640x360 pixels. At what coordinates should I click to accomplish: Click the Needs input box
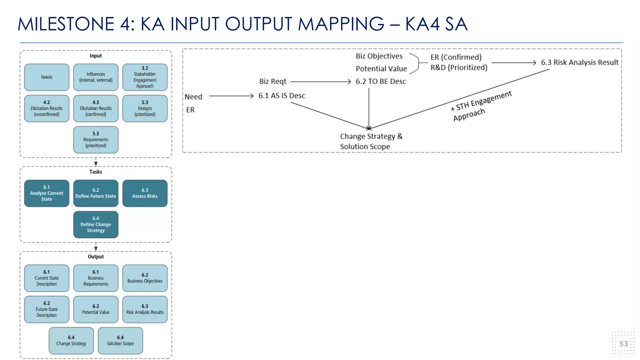click(x=47, y=77)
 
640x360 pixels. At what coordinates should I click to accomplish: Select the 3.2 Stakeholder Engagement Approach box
click(x=145, y=77)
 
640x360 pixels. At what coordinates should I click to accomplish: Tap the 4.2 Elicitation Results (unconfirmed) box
click(x=47, y=108)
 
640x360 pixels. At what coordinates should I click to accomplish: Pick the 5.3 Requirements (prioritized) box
click(x=96, y=140)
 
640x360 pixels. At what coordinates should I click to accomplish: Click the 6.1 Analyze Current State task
click(x=47, y=193)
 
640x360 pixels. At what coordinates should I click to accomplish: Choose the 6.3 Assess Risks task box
click(x=145, y=193)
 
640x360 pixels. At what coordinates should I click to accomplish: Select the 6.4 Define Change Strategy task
click(x=96, y=224)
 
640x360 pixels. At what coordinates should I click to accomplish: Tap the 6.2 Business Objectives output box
click(x=145, y=278)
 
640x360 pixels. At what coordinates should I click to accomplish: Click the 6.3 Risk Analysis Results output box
click(x=145, y=309)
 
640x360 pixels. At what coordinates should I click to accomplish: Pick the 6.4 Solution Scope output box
click(x=120, y=341)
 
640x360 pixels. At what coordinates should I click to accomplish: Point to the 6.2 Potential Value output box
click(x=96, y=309)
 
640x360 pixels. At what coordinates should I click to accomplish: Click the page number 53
click(x=623, y=344)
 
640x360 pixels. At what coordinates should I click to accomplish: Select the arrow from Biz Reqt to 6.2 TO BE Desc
click(x=320, y=82)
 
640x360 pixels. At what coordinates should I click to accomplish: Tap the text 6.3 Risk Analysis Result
click(x=579, y=62)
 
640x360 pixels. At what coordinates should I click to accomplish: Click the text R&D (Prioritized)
click(x=459, y=67)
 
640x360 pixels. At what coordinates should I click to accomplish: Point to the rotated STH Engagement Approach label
click(x=481, y=106)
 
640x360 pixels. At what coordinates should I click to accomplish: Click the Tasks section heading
click(x=96, y=172)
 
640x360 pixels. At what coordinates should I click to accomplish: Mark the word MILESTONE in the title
click(x=66, y=24)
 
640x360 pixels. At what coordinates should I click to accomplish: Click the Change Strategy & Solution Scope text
click(x=371, y=141)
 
